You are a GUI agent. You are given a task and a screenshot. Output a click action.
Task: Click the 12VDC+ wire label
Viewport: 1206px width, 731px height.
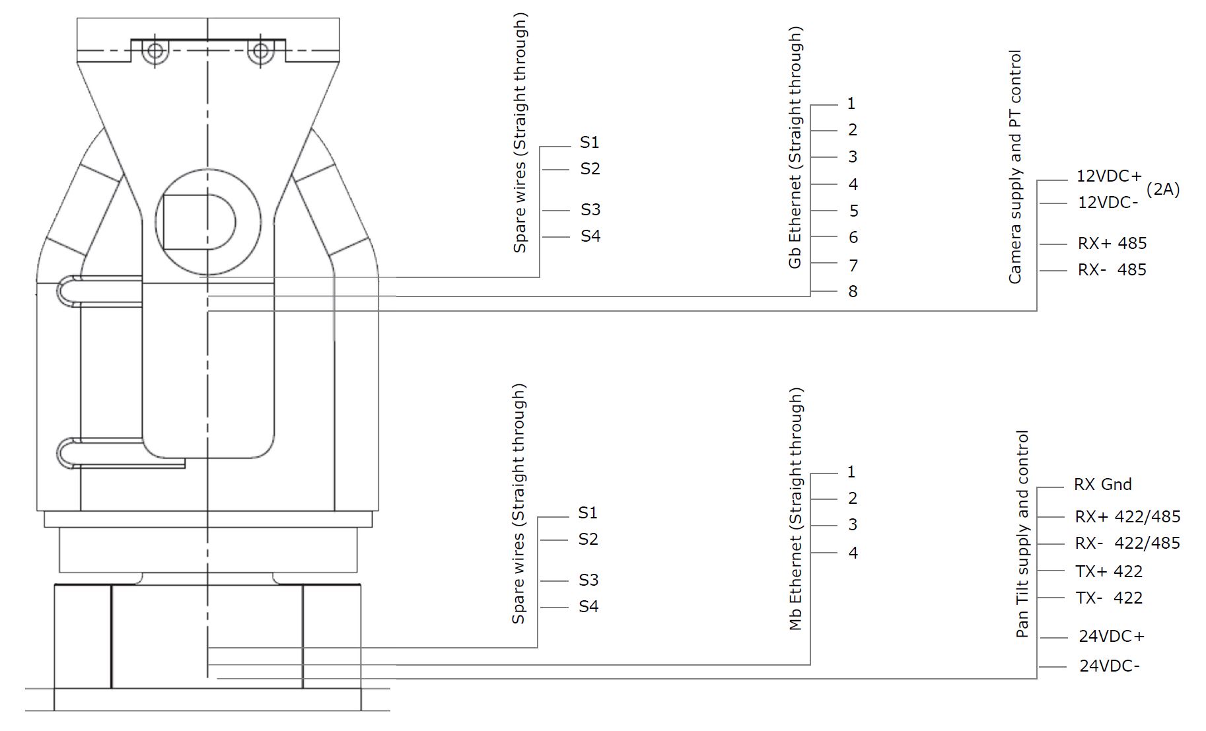pyautogui.click(x=1109, y=176)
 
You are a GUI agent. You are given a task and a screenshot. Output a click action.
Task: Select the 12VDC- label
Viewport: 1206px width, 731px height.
pyautogui.click(x=1108, y=203)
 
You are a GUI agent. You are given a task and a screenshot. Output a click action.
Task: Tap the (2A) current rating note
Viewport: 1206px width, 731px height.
pyautogui.click(x=1163, y=190)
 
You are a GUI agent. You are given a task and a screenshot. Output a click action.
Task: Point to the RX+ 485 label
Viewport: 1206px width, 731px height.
pyautogui.click(x=1112, y=243)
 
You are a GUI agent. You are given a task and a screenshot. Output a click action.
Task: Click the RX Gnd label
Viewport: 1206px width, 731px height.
pyautogui.click(x=1102, y=484)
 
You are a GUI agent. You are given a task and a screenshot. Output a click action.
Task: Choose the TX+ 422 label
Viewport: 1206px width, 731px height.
pyautogui.click(x=1109, y=571)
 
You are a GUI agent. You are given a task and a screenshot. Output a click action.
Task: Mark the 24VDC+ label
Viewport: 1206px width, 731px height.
pyautogui.click(x=1112, y=636)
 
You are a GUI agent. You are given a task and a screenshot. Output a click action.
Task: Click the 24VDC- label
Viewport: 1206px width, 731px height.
pyautogui.click(x=1110, y=666)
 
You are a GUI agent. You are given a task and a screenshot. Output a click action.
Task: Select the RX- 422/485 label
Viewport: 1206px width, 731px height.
pyautogui.click(x=1127, y=543)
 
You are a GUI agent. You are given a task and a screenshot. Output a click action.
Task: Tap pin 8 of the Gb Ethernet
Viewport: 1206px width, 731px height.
pyautogui.click(x=853, y=291)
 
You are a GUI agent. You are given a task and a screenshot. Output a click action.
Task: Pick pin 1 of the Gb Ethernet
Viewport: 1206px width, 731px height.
pyautogui.click(x=851, y=104)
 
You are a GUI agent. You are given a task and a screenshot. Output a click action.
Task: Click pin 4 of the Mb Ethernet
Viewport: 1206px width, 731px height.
pyautogui.click(x=853, y=553)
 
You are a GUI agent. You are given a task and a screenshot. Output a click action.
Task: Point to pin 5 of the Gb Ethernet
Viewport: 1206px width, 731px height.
pyautogui.click(x=853, y=211)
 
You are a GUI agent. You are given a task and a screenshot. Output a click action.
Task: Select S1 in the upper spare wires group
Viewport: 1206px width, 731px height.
pyautogui.click(x=589, y=142)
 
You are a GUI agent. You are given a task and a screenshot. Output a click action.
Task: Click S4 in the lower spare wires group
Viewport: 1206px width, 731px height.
pyautogui.click(x=588, y=606)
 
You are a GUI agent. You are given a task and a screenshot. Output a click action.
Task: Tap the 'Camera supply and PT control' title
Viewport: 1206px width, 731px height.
pyautogui.click(x=1014, y=167)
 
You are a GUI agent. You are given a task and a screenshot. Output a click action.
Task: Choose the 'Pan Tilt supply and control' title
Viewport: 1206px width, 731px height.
pyautogui.click(x=1022, y=534)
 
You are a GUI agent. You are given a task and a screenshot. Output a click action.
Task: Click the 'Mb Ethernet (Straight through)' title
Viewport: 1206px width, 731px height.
pyautogui.click(x=796, y=508)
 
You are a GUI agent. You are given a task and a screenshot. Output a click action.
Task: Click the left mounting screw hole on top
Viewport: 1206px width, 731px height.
pyautogui.click(x=155, y=51)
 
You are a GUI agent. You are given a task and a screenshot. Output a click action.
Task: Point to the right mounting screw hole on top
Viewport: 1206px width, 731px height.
pyautogui.click(x=260, y=51)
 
